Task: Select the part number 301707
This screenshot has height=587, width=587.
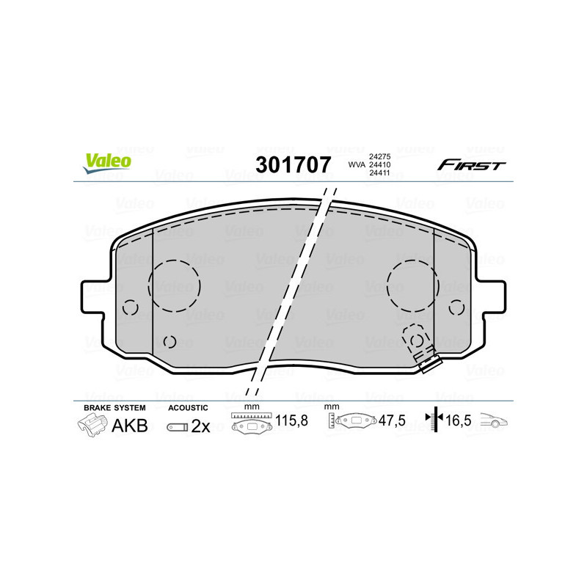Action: (293, 164)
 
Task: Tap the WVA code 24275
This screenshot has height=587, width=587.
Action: (379, 156)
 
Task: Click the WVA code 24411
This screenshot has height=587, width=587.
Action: (379, 174)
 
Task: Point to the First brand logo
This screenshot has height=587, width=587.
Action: (471, 165)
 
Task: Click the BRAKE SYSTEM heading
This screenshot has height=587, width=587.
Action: (114, 407)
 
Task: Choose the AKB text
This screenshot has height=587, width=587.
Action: (129, 426)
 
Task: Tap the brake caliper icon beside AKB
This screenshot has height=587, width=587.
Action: (92, 425)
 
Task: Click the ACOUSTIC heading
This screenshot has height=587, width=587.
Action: (189, 407)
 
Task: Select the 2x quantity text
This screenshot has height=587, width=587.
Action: (200, 426)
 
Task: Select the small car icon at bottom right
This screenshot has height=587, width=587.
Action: (494, 422)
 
